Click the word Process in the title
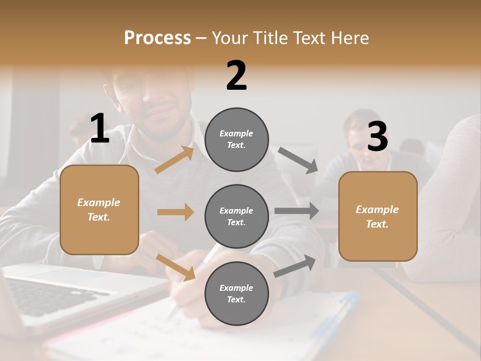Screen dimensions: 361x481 157,38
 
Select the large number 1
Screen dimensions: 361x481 100,129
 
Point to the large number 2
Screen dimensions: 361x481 236,76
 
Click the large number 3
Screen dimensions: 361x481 377,137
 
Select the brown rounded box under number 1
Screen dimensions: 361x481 99,210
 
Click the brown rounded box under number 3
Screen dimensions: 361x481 378,216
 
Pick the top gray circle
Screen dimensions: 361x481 236,139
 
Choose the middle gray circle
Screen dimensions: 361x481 236,216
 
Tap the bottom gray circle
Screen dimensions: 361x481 236,293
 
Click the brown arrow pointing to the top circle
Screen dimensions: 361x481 174,159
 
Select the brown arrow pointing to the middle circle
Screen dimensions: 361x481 175,212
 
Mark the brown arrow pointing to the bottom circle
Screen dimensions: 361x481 175,267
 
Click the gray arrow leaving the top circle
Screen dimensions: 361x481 298,160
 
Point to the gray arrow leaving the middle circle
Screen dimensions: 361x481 296,211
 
